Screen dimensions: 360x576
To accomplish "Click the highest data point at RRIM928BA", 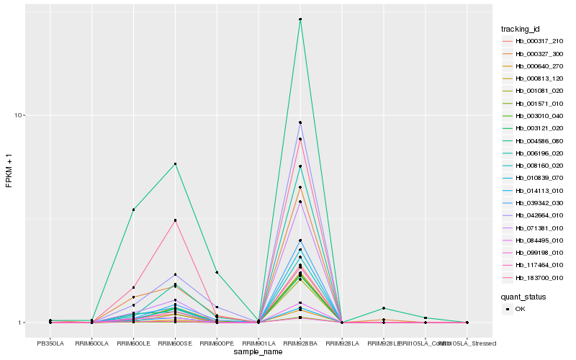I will [300, 19].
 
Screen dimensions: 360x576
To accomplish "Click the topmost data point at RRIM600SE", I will [175, 164].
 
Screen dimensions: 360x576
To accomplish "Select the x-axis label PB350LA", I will [50, 343].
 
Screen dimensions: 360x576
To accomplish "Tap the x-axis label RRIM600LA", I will [92, 343].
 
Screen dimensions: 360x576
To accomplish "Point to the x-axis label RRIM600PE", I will [217, 343].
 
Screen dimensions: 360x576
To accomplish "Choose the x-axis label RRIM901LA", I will [258, 343].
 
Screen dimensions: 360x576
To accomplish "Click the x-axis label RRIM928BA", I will [300, 343].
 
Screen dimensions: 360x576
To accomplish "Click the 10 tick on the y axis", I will [20, 115].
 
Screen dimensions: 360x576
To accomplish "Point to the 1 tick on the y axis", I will [22, 323].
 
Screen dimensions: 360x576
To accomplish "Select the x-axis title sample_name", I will [258, 352].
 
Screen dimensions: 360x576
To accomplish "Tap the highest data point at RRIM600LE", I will [133, 210].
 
